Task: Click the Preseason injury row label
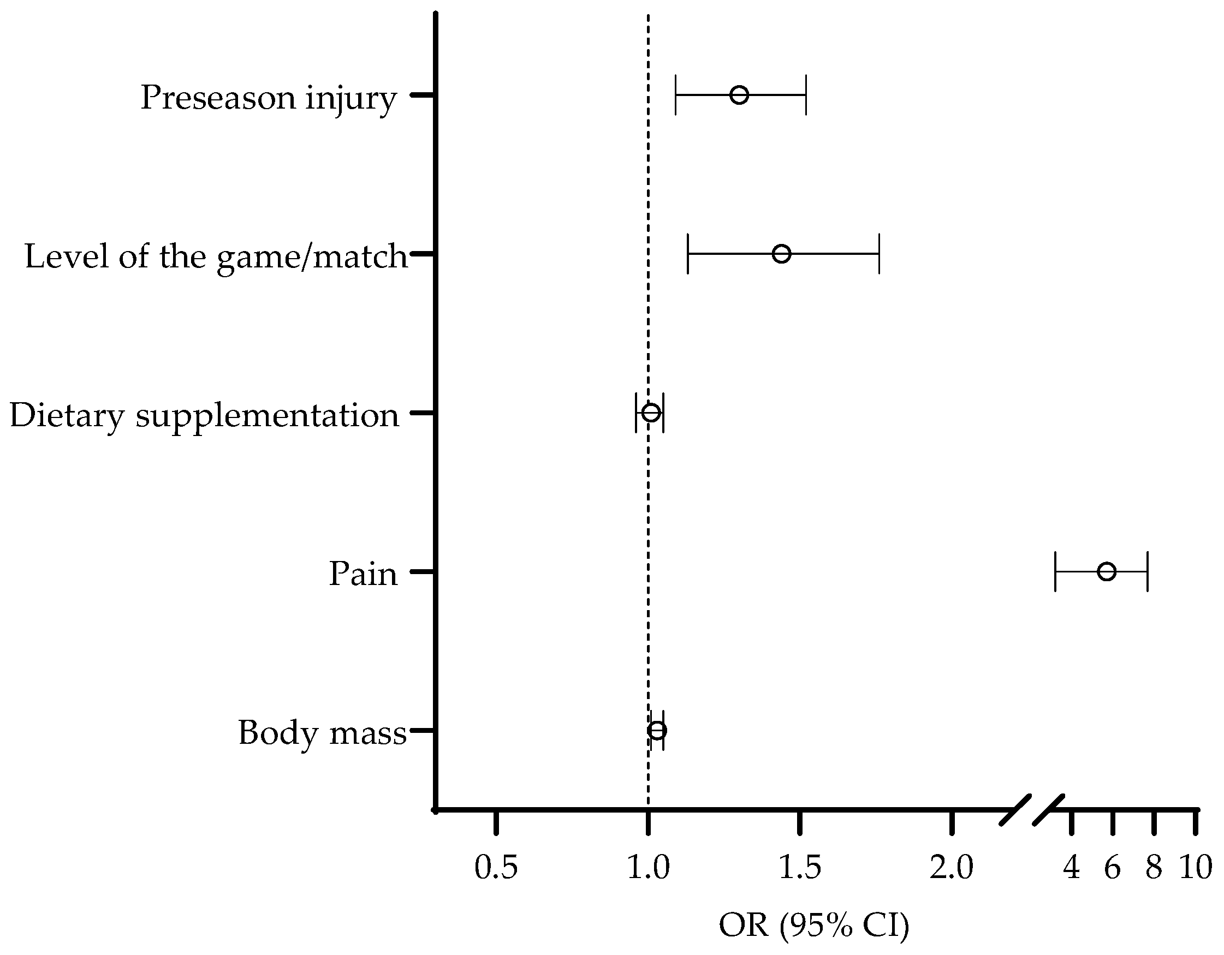269,98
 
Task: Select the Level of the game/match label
216,256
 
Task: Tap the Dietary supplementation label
204,415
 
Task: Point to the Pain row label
363,574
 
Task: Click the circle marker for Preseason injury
739,95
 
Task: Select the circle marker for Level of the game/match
781,254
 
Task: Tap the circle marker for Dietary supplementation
651,413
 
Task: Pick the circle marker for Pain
1106,572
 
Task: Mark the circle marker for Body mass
657,730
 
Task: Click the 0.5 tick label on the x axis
496,868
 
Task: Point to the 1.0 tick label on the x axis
648,868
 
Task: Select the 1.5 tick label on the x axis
800,868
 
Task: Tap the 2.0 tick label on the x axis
952,868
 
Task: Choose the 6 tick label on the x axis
1113,868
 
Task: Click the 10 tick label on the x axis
1196,868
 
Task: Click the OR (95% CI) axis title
814,926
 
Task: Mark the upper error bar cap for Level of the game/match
879,254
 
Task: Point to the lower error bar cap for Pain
1055,572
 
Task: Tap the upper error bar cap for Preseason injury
805,95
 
